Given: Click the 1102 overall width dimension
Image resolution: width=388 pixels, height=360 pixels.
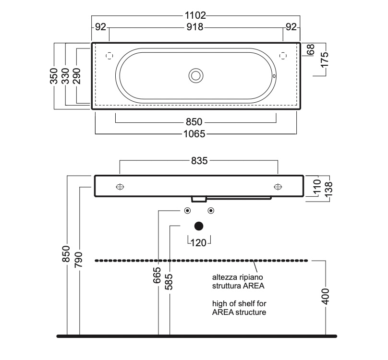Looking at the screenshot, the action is pyautogui.click(x=195, y=15).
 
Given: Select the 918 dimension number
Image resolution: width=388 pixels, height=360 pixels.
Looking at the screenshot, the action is pyautogui.click(x=195, y=27).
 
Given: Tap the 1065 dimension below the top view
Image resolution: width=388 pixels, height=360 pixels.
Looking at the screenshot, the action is pyautogui.click(x=194, y=134).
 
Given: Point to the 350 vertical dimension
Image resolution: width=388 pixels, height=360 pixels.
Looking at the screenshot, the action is pyautogui.click(x=54, y=76).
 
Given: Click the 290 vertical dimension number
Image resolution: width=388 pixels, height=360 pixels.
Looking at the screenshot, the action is pyautogui.click(x=77, y=76).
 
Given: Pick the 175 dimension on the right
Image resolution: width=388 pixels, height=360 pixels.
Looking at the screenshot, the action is pyautogui.click(x=325, y=60).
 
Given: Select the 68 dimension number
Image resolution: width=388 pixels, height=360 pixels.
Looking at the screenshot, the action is pyautogui.click(x=310, y=49).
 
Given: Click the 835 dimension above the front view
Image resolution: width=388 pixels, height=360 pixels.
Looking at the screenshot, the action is pyautogui.click(x=199, y=161).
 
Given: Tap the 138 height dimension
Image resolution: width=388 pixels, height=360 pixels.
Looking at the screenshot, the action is pyautogui.click(x=328, y=189).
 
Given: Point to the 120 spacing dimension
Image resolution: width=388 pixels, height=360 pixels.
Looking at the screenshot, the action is pyautogui.click(x=199, y=243).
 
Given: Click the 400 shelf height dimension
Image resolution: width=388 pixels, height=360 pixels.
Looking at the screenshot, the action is pyautogui.click(x=326, y=296).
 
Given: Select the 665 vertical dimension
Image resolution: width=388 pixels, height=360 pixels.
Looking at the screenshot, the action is pyautogui.click(x=157, y=276).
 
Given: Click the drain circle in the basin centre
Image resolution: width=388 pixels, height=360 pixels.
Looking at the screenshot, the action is pyautogui.click(x=196, y=76).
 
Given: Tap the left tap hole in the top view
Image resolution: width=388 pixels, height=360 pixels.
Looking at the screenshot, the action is pyautogui.click(x=109, y=56).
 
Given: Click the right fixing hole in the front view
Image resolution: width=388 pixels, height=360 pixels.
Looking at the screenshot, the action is pyautogui.click(x=278, y=187).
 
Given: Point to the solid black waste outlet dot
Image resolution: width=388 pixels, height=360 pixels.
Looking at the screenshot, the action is pyautogui.click(x=199, y=226).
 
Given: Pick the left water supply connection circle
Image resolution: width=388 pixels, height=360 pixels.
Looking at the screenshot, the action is pyautogui.click(x=187, y=211).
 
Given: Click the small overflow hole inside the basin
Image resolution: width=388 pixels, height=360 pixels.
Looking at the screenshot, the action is pyautogui.click(x=274, y=76).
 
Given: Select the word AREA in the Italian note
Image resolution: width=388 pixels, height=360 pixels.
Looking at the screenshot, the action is pyautogui.click(x=254, y=286).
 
